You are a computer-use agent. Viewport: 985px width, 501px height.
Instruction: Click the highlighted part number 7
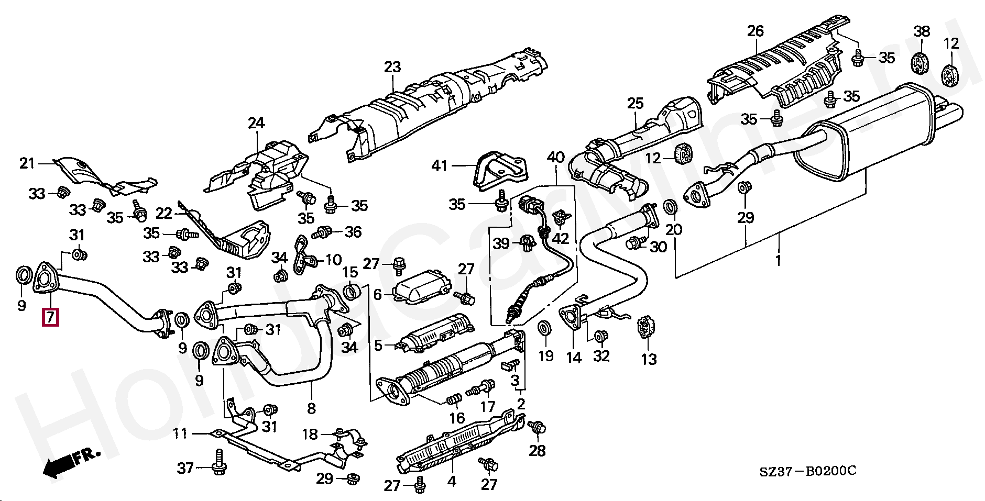pos(50,317)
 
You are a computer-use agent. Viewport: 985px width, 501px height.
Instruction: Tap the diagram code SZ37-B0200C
pos(808,472)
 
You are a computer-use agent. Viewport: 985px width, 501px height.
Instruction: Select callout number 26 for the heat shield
pos(756,31)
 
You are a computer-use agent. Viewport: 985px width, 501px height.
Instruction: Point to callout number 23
pos(392,67)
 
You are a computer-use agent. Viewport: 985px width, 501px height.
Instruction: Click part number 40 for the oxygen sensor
pos(556,157)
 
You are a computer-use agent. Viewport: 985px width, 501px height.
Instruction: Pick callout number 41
pos(439,166)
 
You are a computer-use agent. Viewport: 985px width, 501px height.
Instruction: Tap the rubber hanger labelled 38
pos(917,62)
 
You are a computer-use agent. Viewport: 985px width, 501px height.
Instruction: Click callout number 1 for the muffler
pos(778,260)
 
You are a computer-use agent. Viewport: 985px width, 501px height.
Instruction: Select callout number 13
pos(649,359)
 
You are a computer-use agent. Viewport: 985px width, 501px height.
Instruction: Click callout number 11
pos(180,433)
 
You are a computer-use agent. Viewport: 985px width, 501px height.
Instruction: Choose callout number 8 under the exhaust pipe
pos(311,408)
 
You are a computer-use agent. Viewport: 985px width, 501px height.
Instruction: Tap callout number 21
pos(27,163)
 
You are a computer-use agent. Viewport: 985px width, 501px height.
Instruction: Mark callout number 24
pos(256,124)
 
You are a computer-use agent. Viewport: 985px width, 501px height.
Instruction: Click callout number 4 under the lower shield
pos(452,481)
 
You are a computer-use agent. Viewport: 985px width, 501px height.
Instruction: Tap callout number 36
pos(353,231)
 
